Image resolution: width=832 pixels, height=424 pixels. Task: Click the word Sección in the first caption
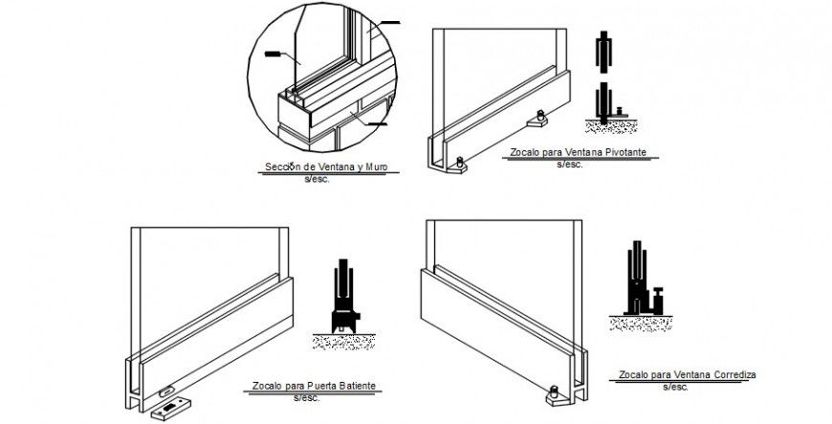pos(279,168)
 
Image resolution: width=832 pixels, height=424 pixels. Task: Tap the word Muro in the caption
pos(379,168)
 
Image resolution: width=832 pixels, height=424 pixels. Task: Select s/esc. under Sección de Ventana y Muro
pos(317,178)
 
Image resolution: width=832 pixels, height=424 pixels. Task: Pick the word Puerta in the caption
pos(311,387)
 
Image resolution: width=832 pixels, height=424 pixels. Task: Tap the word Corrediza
pos(732,374)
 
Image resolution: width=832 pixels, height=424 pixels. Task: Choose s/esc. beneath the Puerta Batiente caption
pos(306,396)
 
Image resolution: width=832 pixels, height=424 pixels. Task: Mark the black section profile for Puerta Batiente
pos(343,297)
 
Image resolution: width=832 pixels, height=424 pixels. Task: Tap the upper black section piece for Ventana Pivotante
pos(603,54)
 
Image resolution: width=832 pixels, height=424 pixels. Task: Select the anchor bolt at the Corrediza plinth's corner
pos(556,391)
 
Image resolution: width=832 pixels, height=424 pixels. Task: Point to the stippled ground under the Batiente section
pos(344,341)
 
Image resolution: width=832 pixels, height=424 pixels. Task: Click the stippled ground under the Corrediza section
pos(636,324)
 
